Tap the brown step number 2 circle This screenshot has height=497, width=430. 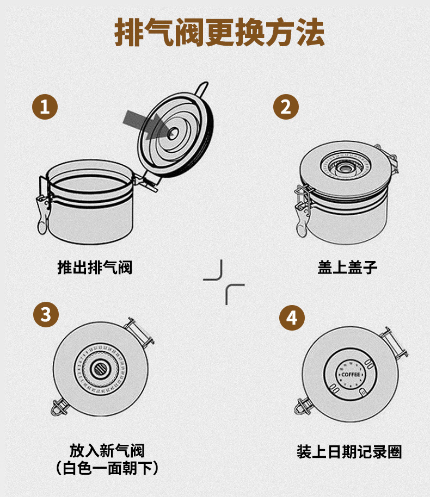[x=286, y=107]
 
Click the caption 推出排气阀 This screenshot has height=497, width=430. [x=95, y=267]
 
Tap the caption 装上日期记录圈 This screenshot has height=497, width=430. [x=349, y=452]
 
